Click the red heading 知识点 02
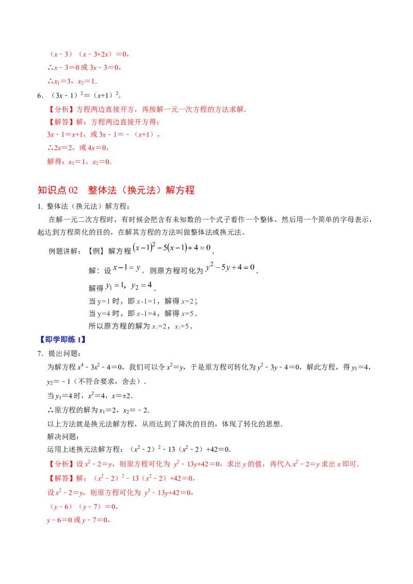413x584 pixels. click(x=58, y=190)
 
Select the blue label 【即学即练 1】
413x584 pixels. click(x=62, y=339)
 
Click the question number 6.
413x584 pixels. click(x=40, y=96)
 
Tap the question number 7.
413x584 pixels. click(x=40, y=353)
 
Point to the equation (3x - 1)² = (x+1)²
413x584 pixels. click(x=85, y=95)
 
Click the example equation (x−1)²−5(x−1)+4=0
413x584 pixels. click(x=172, y=247)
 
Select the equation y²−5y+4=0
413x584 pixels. click(x=230, y=267)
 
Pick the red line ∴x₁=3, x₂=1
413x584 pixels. click(x=72, y=81)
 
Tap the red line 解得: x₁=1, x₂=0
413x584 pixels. click(x=80, y=161)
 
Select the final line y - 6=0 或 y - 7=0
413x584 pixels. click(x=78, y=520)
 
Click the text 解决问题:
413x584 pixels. click(x=63, y=436)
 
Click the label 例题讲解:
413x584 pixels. click(x=65, y=251)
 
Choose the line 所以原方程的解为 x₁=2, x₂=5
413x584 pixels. click(x=140, y=326)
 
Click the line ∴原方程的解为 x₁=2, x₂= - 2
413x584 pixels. click(x=99, y=410)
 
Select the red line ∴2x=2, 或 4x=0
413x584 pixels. click(x=78, y=148)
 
